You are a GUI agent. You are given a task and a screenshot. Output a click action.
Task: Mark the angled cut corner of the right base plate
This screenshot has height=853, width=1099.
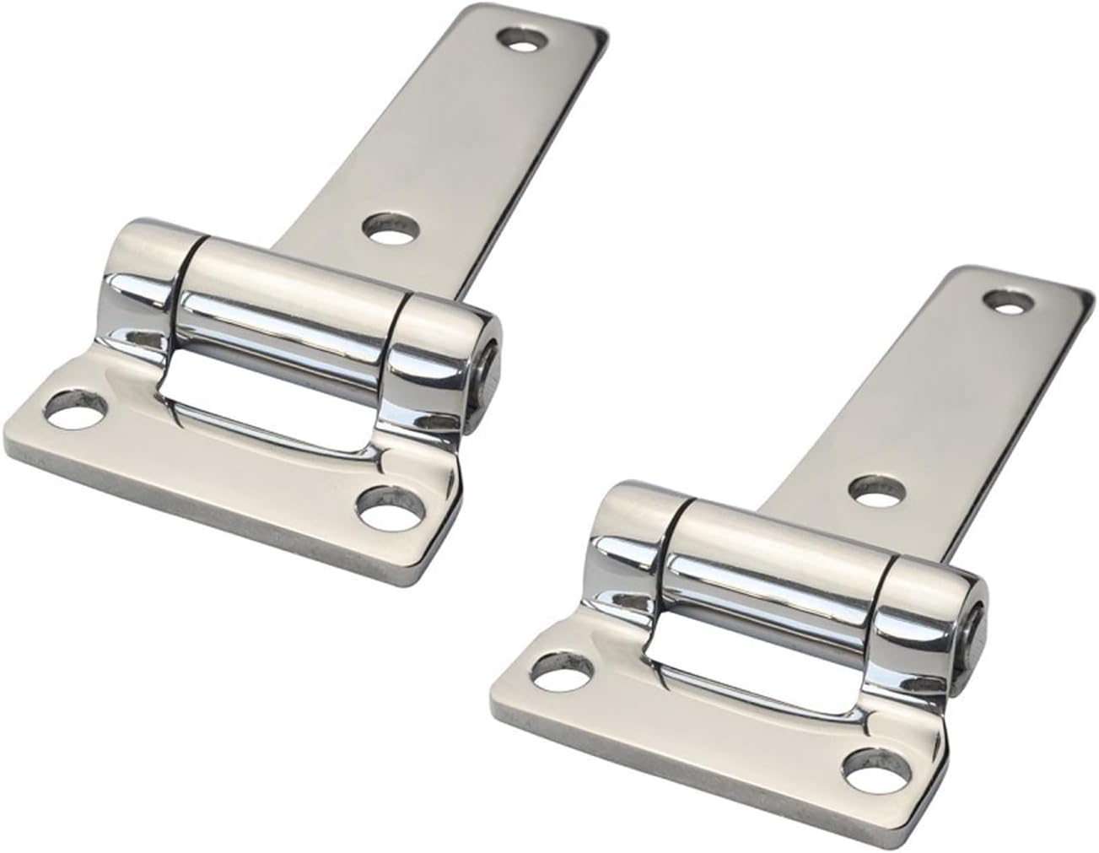pos(928,785)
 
